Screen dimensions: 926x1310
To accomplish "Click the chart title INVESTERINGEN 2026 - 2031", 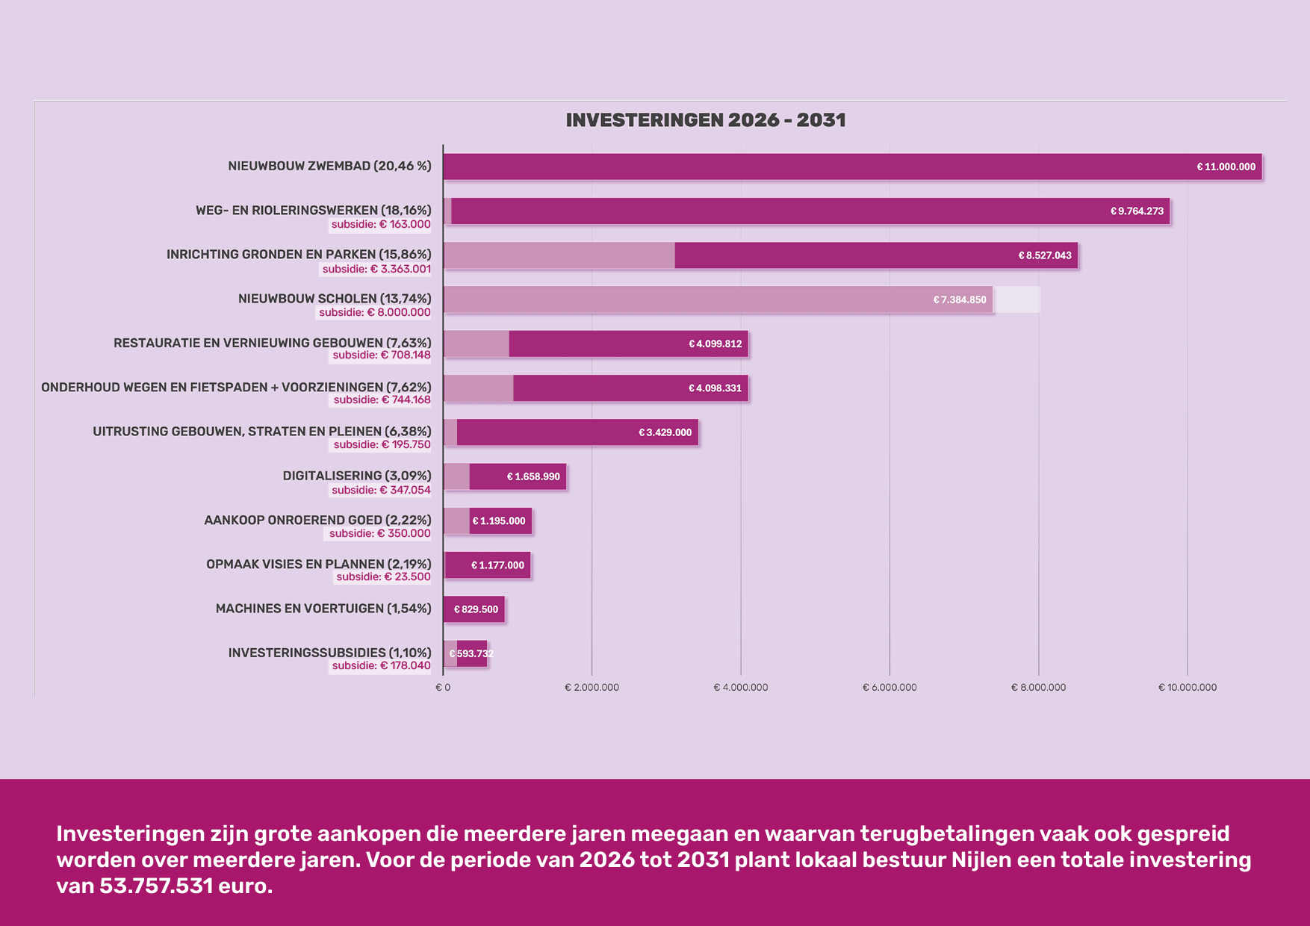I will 705,120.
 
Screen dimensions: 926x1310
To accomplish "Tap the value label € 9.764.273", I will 1137,211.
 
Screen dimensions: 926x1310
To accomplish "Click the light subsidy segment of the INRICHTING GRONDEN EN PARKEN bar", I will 559,255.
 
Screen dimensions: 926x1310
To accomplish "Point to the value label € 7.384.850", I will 959,299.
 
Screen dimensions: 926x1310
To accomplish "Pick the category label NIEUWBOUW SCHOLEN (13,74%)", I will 335,299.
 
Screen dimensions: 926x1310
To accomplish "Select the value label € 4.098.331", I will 715,388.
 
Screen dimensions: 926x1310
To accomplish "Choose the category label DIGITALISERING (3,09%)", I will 357,476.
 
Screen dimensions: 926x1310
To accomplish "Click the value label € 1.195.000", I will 499,521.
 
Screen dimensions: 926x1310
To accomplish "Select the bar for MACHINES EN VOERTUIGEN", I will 474,609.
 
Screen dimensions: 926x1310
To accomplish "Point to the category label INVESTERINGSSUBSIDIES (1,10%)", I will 329,653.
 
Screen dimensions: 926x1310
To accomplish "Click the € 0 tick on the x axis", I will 443,688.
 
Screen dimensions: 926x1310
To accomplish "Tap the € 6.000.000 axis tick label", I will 890,688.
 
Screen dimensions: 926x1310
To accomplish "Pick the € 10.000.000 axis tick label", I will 1187,688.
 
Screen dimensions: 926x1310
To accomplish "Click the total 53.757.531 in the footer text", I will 156,886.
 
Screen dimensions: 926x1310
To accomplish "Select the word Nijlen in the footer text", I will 978,860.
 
